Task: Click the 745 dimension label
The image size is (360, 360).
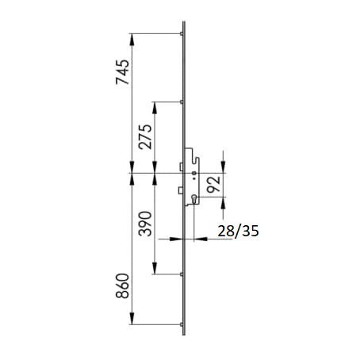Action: coord(123,72)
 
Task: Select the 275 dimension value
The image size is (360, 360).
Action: coord(146,136)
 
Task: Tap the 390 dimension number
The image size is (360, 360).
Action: coord(146,224)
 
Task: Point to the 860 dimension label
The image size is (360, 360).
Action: coord(123,285)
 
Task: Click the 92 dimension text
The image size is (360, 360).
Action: coord(213,184)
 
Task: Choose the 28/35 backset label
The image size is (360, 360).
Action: coord(238,231)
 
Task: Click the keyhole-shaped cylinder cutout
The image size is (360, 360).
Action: coord(194,199)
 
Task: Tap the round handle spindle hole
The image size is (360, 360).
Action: coord(194,173)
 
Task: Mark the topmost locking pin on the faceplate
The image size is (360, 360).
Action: coord(182,33)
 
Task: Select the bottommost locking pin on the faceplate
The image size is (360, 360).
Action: coord(182,324)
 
